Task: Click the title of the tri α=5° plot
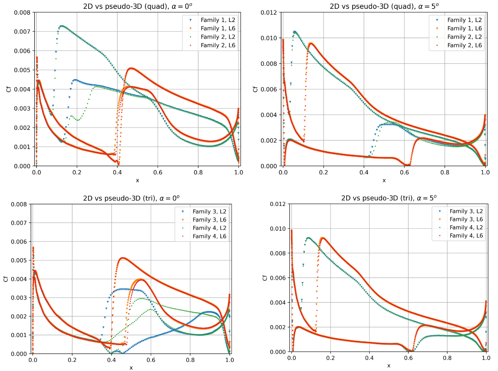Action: coord(388,198)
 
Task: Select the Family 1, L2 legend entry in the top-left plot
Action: coord(218,20)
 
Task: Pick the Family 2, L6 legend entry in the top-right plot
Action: coord(465,45)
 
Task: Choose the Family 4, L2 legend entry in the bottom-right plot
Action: coord(466,227)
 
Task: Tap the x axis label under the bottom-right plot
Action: coord(388,365)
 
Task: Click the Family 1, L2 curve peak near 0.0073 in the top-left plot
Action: coord(61,26)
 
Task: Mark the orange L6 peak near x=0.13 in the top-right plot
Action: coord(310,44)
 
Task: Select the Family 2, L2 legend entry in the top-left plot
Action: coord(218,37)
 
